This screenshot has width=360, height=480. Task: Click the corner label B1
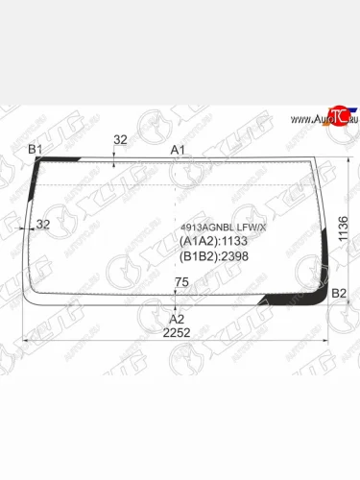[36, 149]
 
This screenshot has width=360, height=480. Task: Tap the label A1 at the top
[178, 150]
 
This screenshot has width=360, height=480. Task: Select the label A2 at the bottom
[177, 319]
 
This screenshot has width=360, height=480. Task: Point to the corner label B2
[339, 293]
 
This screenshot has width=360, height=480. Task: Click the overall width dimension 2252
[177, 333]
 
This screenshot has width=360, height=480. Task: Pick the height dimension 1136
[343, 228]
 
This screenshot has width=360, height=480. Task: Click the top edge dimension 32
[120, 139]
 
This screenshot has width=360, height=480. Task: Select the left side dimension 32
[43, 224]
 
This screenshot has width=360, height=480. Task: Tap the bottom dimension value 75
[181, 282]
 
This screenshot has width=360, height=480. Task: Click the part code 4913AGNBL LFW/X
[224, 228]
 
